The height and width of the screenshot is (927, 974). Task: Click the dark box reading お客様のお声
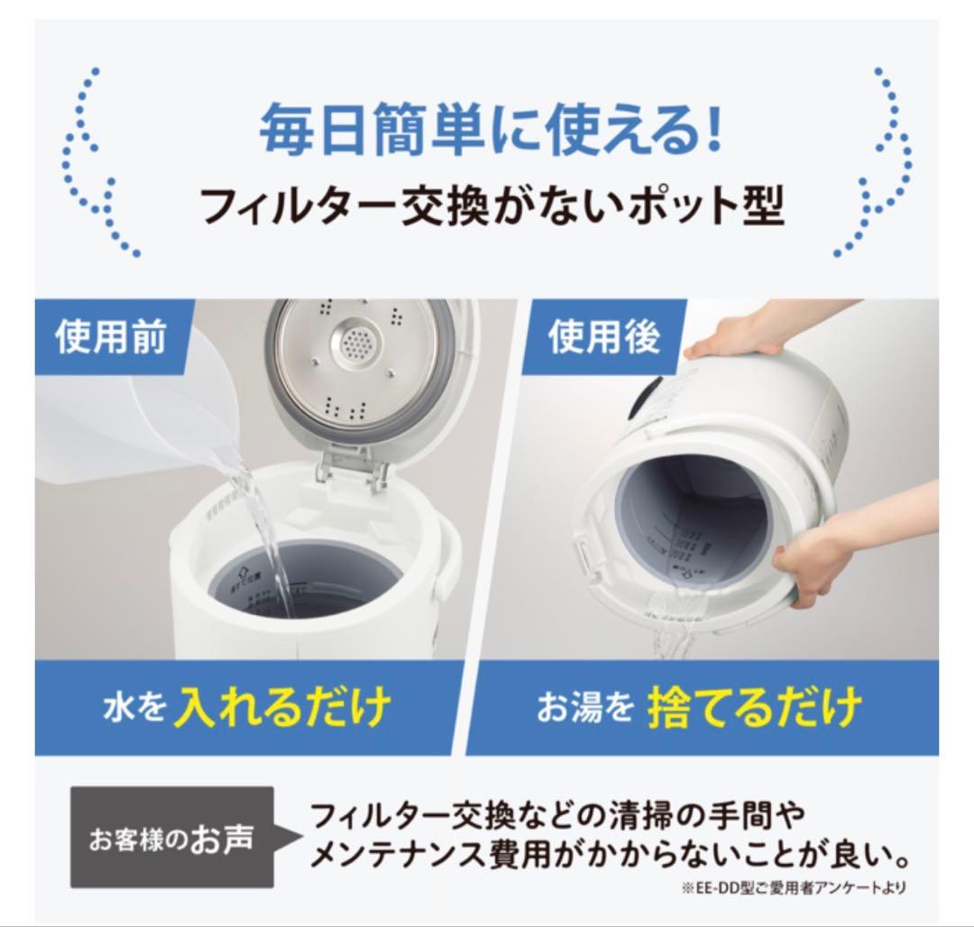[x=171, y=838]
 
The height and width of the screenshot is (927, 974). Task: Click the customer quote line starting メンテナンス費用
[x=609, y=853]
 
